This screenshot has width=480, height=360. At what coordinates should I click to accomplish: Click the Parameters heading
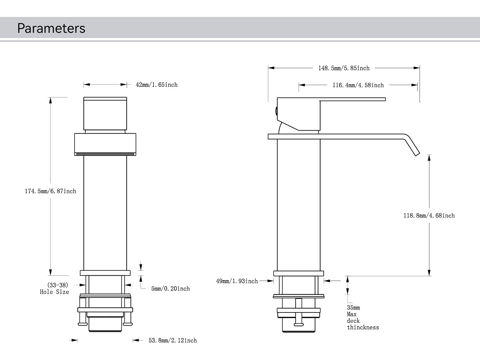[x=51, y=28]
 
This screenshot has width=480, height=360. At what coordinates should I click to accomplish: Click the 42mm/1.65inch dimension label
[x=156, y=85]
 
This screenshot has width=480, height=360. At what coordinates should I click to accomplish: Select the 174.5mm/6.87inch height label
[x=50, y=191]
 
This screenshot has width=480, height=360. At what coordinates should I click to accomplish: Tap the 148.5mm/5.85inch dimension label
[x=344, y=68]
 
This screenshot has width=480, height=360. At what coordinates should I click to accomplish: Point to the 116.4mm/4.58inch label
[x=358, y=85]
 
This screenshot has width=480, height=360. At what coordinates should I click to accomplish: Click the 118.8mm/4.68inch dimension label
[x=429, y=215]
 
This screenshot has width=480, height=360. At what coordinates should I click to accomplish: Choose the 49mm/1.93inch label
[x=237, y=281]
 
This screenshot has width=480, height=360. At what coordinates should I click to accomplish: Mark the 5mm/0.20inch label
[x=170, y=288]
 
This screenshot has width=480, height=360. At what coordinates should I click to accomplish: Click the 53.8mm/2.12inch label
[x=172, y=341]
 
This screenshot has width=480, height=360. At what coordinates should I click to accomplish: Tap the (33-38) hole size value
[x=57, y=285]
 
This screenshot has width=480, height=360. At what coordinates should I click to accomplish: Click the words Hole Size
[x=54, y=292]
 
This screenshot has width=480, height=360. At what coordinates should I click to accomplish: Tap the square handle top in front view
[x=105, y=113]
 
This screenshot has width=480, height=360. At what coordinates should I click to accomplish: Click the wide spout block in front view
[x=105, y=144]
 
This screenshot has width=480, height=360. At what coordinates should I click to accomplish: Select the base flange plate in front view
[x=105, y=272]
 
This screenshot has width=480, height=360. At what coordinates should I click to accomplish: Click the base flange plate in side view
[x=298, y=273]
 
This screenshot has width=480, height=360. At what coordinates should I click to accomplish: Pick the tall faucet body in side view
[x=298, y=203]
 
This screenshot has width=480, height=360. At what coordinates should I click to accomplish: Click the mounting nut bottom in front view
[x=105, y=325]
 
